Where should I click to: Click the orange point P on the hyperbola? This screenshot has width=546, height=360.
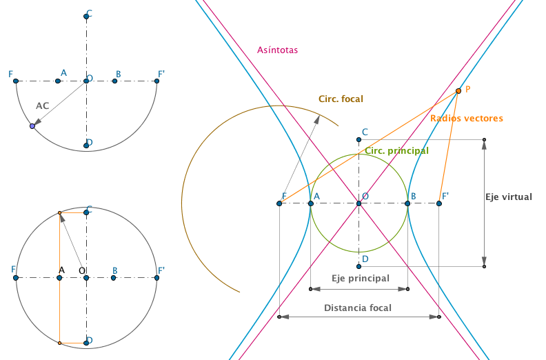[x=458, y=91]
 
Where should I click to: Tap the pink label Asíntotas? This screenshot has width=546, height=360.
[x=278, y=50]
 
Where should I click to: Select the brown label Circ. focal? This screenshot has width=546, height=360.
[x=341, y=99]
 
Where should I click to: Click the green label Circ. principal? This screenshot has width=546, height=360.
[x=396, y=151]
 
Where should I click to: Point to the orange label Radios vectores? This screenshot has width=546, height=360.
[x=467, y=119]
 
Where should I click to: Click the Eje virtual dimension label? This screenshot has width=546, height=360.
[x=509, y=197]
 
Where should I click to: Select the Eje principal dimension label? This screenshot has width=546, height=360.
[x=361, y=279]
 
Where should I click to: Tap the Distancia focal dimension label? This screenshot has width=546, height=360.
[x=358, y=308]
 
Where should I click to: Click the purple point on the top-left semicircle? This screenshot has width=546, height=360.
[x=32, y=126]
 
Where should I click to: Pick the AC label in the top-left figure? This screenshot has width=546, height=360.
[x=43, y=106]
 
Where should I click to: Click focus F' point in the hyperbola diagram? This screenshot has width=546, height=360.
[x=439, y=203]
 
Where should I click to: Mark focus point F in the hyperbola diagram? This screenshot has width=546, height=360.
[x=279, y=203]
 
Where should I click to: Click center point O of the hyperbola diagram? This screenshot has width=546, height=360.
[x=358, y=203]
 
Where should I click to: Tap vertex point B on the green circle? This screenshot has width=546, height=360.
[x=407, y=203]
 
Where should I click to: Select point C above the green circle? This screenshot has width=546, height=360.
[x=358, y=140]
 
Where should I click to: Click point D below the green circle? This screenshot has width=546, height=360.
[x=358, y=267]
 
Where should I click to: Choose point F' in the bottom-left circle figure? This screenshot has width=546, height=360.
[x=156, y=278]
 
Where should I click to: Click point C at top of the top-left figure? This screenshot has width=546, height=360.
[x=86, y=17]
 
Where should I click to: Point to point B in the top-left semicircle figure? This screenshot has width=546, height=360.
[x=114, y=81]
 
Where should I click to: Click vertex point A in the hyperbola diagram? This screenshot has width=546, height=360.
[x=311, y=203]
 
